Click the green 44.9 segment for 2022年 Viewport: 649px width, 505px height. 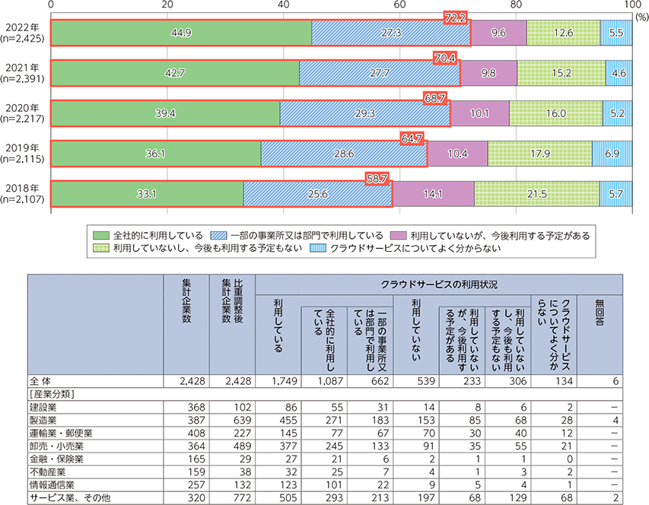click(x=181, y=33)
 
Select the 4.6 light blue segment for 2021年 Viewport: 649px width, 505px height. click(x=618, y=73)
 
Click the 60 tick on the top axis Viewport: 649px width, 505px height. click(x=399, y=5)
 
